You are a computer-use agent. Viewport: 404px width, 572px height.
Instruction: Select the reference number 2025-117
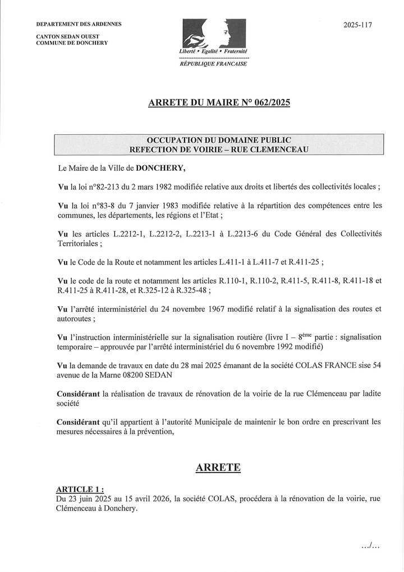[357, 25]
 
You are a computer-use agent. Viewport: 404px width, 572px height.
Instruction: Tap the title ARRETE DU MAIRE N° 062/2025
[219, 103]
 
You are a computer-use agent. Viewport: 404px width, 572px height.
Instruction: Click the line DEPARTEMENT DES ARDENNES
[79, 25]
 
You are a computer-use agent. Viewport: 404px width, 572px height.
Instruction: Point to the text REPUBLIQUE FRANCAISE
[213, 64]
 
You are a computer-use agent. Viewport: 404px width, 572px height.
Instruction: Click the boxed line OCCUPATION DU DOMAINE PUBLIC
[219, 140]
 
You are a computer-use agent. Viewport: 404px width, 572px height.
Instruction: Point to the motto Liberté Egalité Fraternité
[213, 51]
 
